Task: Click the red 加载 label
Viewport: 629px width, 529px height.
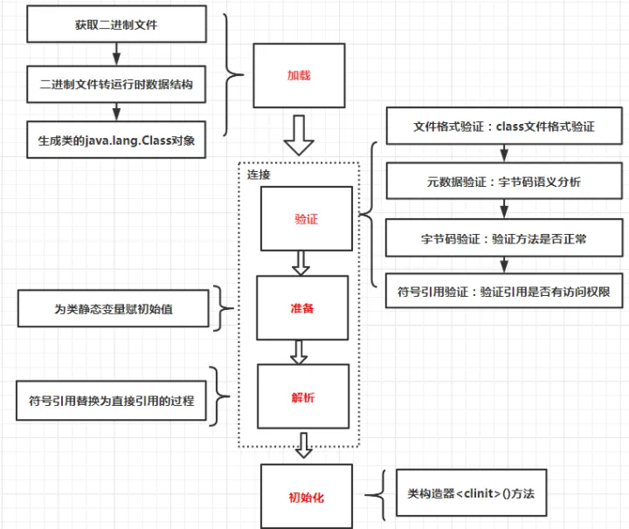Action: pyautogui.click(x=299, y=75)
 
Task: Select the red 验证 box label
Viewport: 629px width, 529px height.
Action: pyautogui.click(x=307, y=219)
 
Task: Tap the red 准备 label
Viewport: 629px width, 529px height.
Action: pyautogui.click(x=302, y=308)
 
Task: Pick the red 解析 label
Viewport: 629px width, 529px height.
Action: pyautogui.click(x=303, y=397)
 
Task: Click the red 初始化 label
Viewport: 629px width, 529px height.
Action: pyautogui.click(x=307, y=498)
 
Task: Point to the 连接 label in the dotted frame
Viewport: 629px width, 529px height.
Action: pyautogui.click(x=259, y=175)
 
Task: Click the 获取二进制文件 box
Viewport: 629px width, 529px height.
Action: pyautogui.click(x=117, y=24)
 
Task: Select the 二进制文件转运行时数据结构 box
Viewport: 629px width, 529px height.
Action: pyautogui.click(x=116, y=85)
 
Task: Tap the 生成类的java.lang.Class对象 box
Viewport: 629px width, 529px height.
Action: pyautogui.click(x=116, y=140)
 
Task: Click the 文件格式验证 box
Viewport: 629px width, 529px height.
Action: pyautogui.click(x=504, y=126)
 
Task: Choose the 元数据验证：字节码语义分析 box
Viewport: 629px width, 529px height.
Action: pyautogui.click(x=504, y=181)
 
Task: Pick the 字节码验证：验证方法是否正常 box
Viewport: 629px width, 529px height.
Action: pyautogui.click(x=504, y=237)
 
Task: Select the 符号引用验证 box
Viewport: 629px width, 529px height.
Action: pyautogui.click(x=504, y=291)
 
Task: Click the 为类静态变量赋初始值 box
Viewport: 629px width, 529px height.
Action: pyautogui.click(x=113, y=309)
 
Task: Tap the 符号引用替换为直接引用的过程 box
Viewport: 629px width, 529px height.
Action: pyautogui.click(x=111, y=401)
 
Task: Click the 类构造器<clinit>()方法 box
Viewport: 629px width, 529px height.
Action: pyautogui.click(x=472, y=493)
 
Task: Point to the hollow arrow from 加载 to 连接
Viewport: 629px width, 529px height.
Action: pyautogui.click(x=299, y=135)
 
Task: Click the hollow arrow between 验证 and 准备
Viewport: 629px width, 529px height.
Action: pyautogui.click(x=301, y=264)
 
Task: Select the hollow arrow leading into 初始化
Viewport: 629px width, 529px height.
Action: pyautogui.click(x=304, y=445)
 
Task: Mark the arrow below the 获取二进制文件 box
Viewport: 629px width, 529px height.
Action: pyautogui.click(x=117, y=54)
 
